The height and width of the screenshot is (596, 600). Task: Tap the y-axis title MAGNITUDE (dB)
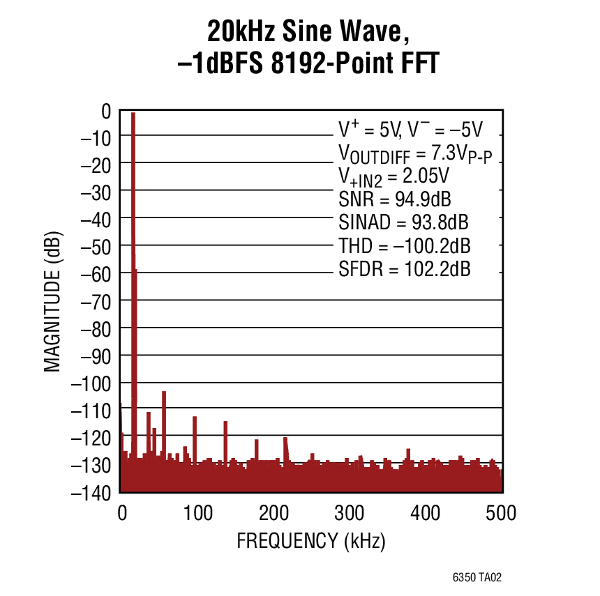52,301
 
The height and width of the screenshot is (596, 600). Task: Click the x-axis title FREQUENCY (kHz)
311,540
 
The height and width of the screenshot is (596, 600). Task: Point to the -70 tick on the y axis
96,300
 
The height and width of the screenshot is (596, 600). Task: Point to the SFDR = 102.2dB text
405,268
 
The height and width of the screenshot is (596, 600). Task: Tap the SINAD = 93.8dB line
403,222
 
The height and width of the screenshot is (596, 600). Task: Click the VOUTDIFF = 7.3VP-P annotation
415,154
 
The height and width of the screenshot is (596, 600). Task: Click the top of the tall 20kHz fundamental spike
133,114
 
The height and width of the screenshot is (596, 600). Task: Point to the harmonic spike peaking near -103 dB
164,392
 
